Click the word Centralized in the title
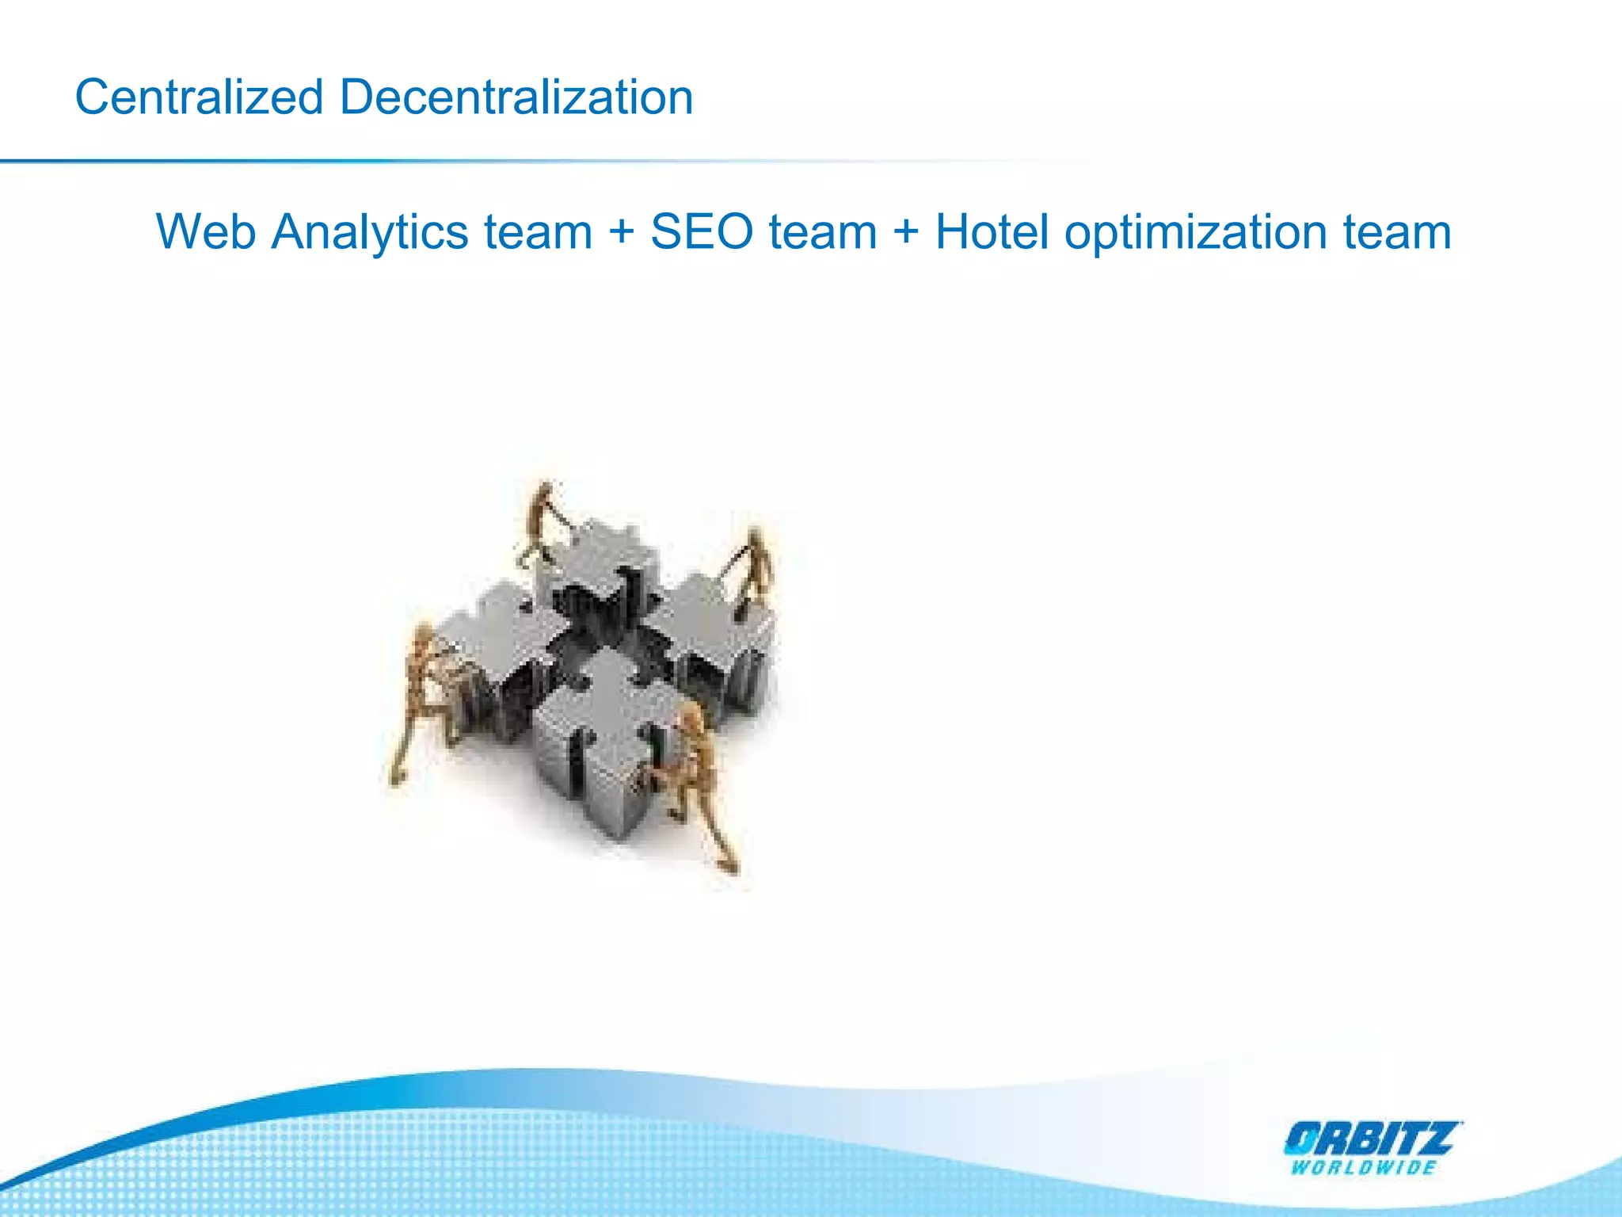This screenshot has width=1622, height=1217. (199, 97)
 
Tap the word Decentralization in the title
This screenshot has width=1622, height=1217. (516, 97)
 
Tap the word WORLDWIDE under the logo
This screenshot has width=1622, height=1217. (1363, 1168)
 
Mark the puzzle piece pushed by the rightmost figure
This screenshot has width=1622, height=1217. (713, 634)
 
